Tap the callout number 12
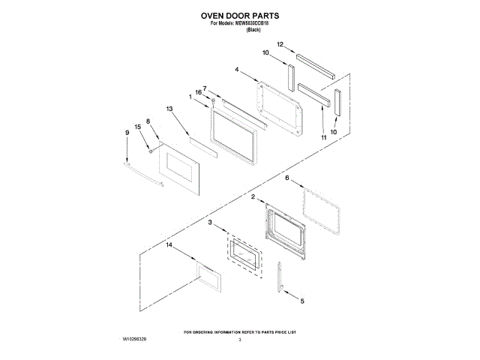[x=279, y=45]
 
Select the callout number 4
[x=236, y=70]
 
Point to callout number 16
[x=199, y=92]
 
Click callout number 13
[x=169, y=109]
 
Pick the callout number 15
[x=137, y=127]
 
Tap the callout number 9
[x=127, y=132]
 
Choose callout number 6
[x=286, y=178]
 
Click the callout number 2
[x=253, y=196]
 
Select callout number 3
[x=211, y=223]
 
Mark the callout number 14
[x=169, y=245]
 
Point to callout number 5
[x=302, y=301]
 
